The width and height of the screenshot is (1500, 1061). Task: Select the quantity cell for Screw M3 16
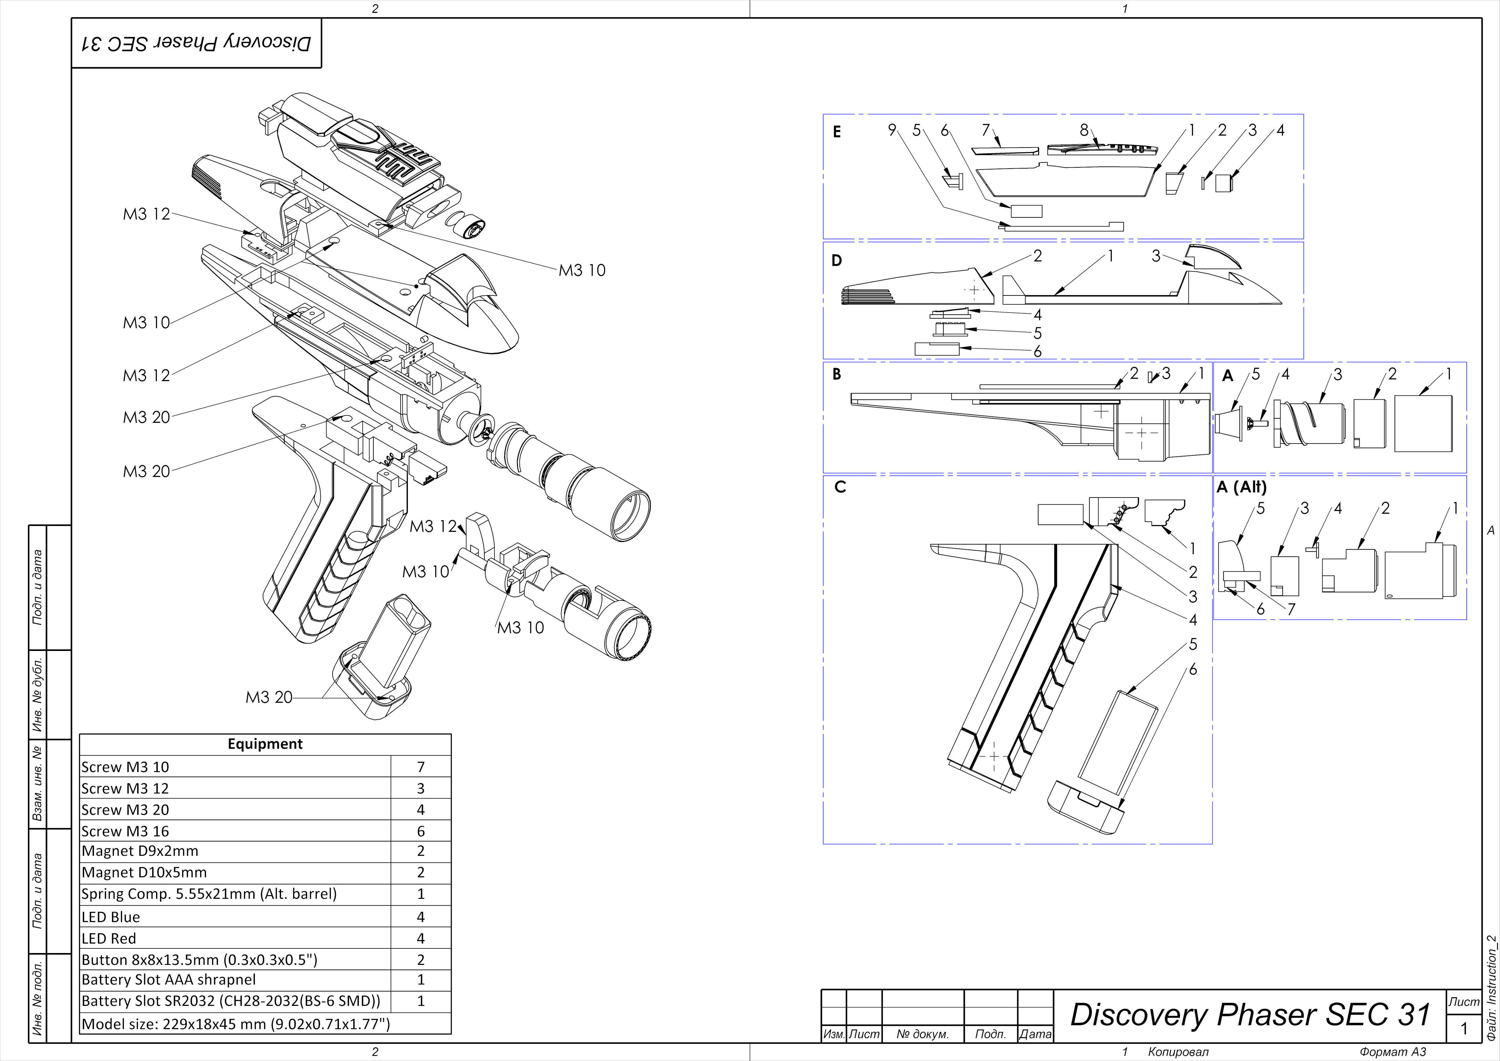point(421,831)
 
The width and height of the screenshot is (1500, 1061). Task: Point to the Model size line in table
point(235,1024)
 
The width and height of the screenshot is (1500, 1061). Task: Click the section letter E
point(837,132)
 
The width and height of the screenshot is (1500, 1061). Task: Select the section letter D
point(837,261)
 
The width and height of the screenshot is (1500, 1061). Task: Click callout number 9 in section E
point(892,130)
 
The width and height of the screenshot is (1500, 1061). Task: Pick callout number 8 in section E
point(1084,130)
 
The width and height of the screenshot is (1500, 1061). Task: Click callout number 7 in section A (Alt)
point(1291,609)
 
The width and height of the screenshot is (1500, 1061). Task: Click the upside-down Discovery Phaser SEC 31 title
point(196,43)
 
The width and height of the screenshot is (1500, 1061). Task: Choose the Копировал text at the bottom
point(1178,1052)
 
